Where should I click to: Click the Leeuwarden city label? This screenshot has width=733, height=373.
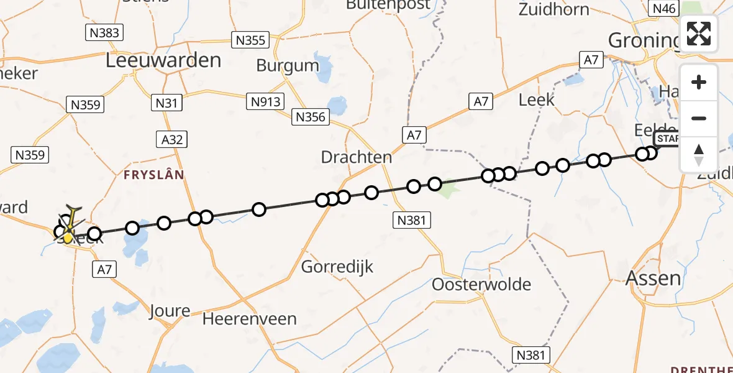click(163, 60)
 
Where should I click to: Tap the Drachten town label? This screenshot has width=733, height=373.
click(357, 157)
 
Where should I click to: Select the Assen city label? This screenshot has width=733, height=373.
click(652, 277)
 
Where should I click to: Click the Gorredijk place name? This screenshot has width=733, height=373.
click(337, 267)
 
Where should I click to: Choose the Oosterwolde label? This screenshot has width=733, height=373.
click(481, 285)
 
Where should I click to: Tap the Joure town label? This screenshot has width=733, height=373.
click(169, 311)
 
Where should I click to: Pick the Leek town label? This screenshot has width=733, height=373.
click(536, 99)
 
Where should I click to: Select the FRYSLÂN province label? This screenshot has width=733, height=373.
click(154, 175)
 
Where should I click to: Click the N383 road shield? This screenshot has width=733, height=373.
click(104, 32)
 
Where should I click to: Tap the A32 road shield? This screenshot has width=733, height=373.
click(172, 139)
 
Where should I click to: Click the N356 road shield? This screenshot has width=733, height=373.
click(311, 116)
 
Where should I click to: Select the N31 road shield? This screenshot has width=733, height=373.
click(167, 103)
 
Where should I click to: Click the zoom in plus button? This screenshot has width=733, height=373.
click(699, 82)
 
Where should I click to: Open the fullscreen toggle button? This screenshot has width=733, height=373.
click(699, 34)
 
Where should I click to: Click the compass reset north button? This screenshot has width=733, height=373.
click(699, 154)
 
